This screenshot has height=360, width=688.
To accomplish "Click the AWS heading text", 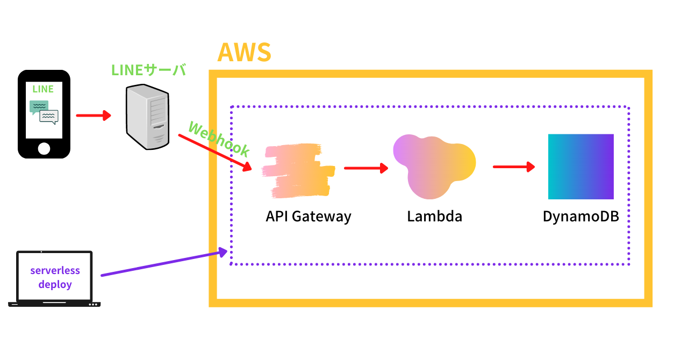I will point(245,53).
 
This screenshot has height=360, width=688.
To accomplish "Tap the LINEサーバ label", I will point(148,70).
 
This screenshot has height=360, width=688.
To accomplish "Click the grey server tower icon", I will point(147,117).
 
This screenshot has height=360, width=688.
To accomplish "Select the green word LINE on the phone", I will point(43,89).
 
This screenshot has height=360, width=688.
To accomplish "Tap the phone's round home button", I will point(44,148).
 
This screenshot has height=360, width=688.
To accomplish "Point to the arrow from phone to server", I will point(94,116).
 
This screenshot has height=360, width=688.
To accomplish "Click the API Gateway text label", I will point(309,217).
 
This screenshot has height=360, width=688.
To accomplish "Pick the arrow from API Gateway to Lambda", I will point(365,169).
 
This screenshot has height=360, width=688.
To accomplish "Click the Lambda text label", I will point(434,217).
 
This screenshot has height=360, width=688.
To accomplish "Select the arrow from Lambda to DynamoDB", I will point(514,167).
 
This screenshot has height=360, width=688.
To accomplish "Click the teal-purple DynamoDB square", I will point(580,167).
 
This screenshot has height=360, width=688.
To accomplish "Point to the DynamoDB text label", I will point(580,217).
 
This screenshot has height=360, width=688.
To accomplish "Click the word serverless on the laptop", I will point(55,270).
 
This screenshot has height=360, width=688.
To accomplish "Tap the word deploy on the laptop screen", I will point(55,284).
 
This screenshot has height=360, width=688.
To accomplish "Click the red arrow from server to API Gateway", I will point(215,153).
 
